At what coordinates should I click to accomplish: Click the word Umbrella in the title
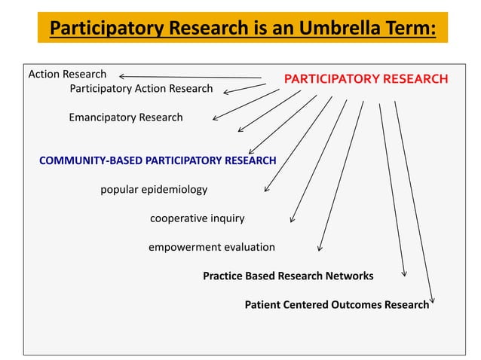pyautogui.click(x=326, y=29)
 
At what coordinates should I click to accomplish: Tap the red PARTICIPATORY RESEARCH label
pyautogui.click(x=366, y=78)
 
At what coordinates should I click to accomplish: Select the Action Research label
pyautogui.click(x=67, y=75)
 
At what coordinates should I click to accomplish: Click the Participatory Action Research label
pyautogui.click(x=141, y=89)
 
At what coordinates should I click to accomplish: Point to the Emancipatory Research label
pyautogui.click(x=125, y=117)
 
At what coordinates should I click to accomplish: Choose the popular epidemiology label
pyautogui.click(x=154, y=189)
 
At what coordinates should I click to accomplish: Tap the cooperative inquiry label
pyautogui.click(x=197, y=218)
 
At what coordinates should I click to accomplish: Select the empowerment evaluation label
pyautogui.click(x=211, y=247)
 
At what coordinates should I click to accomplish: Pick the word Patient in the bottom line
pyautogui.click(x=263, y=305)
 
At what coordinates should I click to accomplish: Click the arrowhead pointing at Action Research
pyautogui.click(x=122, y=75)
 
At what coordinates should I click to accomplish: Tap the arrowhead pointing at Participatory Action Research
pyautogui.click(x=225, y=92)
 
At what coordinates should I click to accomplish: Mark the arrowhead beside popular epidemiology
pyautogui.click(x=266, y=190)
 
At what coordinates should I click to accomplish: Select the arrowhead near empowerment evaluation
pyautogui.click(x=320, y=248)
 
